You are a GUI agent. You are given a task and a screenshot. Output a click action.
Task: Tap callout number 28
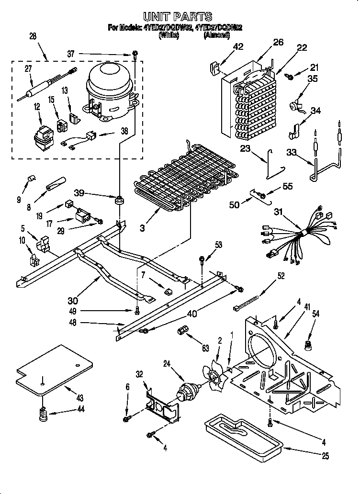pyautogui.click(x=33, y=36)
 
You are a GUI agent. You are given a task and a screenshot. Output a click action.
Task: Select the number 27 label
pyautogui.click(x=28, y=68)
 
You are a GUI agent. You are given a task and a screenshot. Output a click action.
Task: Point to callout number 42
pyautogui.click(x=238, y=46)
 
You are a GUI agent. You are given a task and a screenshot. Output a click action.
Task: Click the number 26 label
pyautogui.click(x=278, y=42)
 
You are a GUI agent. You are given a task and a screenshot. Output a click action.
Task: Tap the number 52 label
pyautogui.click(x=281, y=275)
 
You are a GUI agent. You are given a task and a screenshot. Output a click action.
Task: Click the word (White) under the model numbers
pyautogui.click(x=168, y=35)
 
